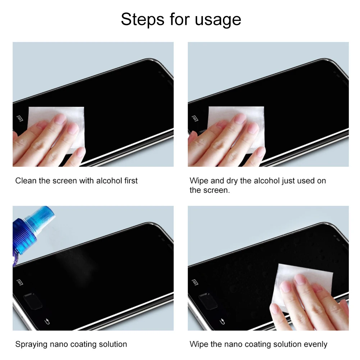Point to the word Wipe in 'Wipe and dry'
[x=199, y=181]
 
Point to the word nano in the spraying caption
[x=59, y=345]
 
